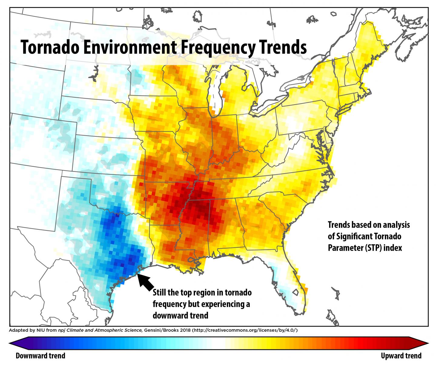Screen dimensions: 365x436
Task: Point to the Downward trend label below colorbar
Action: (x=40, y=355)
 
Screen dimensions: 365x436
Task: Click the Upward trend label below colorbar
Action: (x=401, y=355)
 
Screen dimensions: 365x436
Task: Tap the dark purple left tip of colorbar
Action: (x=12, y=343)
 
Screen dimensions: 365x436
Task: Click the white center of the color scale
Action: (x=219, y=343)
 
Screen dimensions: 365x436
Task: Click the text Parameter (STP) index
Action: (x=365, y=248)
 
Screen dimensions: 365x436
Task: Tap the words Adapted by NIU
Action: (x=29, y=330)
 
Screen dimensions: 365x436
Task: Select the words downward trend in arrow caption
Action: (x=180, y=315)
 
